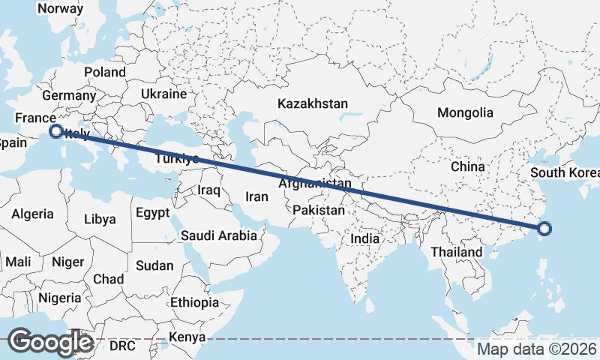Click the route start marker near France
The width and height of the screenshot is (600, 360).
click(55, 131)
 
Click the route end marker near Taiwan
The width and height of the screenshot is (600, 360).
click(544, 229)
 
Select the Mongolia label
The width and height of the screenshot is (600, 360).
click(465, 112)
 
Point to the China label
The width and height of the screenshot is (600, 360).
click(469, 166)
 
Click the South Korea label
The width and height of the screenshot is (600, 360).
click(565, 173)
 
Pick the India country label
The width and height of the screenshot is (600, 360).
click(365, 238)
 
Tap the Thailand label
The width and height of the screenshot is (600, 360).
click(456, 252)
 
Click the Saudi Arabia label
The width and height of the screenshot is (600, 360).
click(219, 235)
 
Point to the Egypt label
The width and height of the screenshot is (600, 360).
click(153, 213)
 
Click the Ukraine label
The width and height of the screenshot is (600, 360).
click(163, 94)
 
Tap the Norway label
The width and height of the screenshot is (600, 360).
click(60, 8)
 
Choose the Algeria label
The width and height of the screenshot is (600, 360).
click(32, 214)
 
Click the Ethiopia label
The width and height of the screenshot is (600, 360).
click(194, 302)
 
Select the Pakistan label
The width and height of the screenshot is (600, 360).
click(319, 210)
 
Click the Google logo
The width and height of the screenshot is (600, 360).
click(49, 342)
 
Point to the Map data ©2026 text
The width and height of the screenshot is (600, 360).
click(537, 349)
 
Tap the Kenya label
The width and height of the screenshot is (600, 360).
click(186, 337)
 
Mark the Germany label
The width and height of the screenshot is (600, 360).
click(69, 96)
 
